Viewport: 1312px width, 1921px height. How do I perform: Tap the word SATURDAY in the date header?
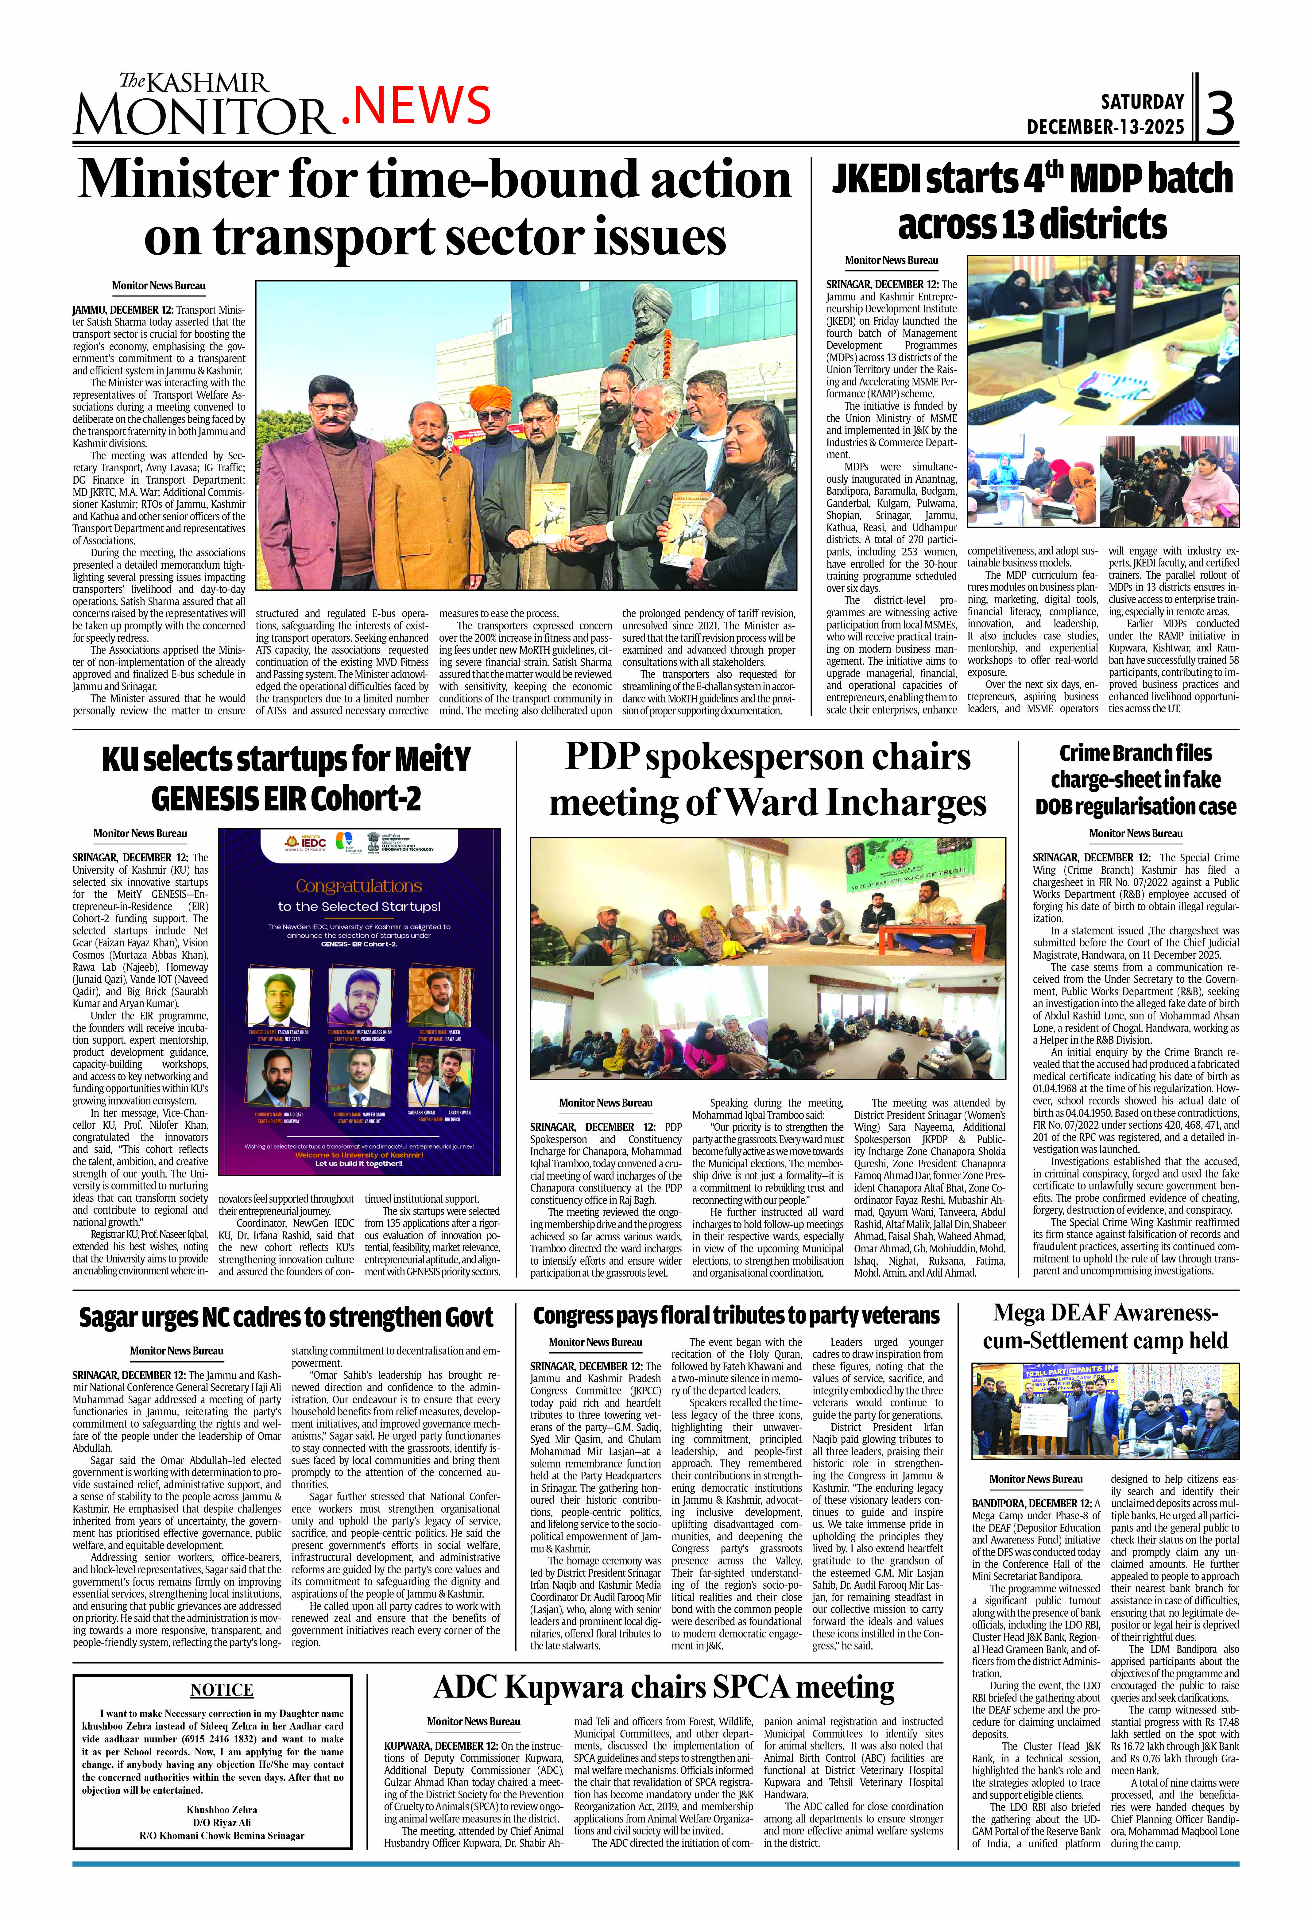point(1142,102)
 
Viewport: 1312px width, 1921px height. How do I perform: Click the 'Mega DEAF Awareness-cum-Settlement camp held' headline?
point(1105,1327)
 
